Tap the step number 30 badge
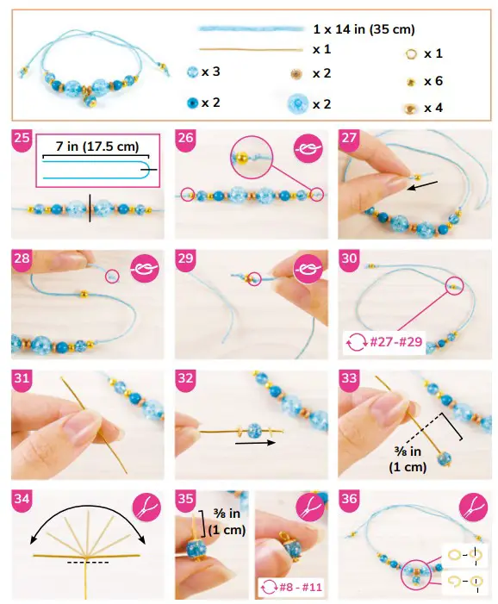tap(349, 258)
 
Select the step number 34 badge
tap(22, 498)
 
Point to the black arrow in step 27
tap(421, 183)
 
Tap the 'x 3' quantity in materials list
tap(210, 72)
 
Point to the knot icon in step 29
tap(307, 270)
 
